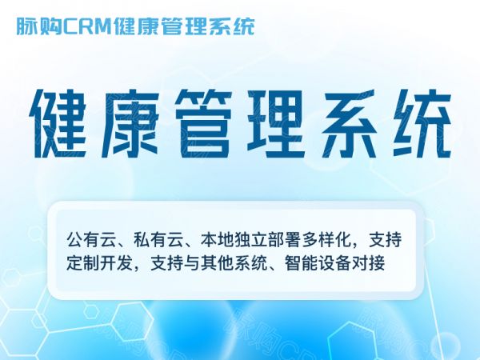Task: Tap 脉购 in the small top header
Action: pyautogui.click(x=39, y=26)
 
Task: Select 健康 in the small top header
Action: pyautogui.click(x=135, y=26)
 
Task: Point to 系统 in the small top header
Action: pyautogui.click(x=231, y=26)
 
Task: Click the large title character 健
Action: pyautogui.click(x=58, y=124)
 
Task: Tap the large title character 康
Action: pyautogui.click(x=130, y=124)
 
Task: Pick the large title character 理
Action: pyautogui.click(x=275, y=124)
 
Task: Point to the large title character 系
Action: pyautogui.click(x=349, y=124)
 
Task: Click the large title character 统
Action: pyautogui.click(x=422, y=124)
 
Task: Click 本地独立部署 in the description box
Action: pyautogui.click(x=251, y=240)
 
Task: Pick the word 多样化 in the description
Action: pyautogui.click(x=326, y=240)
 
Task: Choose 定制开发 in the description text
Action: pyautogui.click(x=100, y=263)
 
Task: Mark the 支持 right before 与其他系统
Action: pyautogui.click(x=167, y=263)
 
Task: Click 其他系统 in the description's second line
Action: pyautogui.click(x=234, y=263)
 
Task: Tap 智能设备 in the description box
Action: pyautogui.click(x=318, y=263)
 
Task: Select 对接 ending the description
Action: pyautogui.click(x=368, y=263)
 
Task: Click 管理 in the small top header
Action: pyautogui.click(x=183, y=26)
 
